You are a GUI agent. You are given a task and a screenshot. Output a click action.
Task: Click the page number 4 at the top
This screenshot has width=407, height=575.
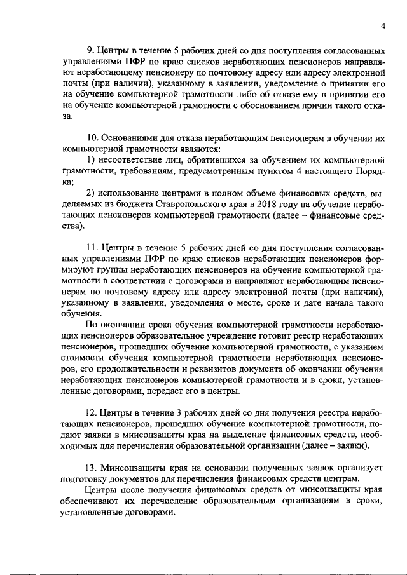point(383,26)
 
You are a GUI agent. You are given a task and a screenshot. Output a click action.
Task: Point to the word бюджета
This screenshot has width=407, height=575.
point(127,205)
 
